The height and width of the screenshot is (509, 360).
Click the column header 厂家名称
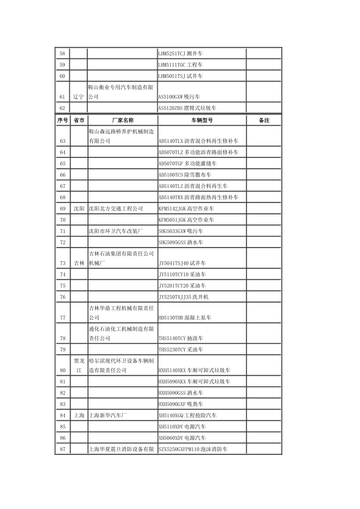point(122,120)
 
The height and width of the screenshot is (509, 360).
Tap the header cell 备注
point(264,120)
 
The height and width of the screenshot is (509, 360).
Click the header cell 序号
point(63,120)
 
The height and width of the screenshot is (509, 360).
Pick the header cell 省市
point(79,120)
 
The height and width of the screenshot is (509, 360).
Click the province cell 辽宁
point(78,97)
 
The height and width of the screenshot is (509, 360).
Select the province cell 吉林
point(79,263)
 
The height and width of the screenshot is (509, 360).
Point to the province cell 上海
point(79,415)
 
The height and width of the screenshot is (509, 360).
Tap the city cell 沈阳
point(79,209)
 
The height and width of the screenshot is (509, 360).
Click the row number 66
point(63,175)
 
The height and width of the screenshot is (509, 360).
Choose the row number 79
point(63,350)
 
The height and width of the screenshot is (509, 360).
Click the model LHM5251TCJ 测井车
point(180,54)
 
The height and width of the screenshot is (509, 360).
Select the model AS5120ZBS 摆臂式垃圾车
point(187,108)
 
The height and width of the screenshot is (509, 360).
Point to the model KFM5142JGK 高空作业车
point(186,209)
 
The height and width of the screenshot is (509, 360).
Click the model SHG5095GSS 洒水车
point(181,242)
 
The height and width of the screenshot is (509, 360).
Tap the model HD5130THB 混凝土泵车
point(185,318)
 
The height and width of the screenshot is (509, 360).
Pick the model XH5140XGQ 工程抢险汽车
point(188,415)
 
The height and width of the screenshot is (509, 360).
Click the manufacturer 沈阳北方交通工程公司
point(116,209)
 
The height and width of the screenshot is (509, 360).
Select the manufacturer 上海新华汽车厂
point(108,415)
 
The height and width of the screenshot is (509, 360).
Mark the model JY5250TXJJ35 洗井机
point(183,297)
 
